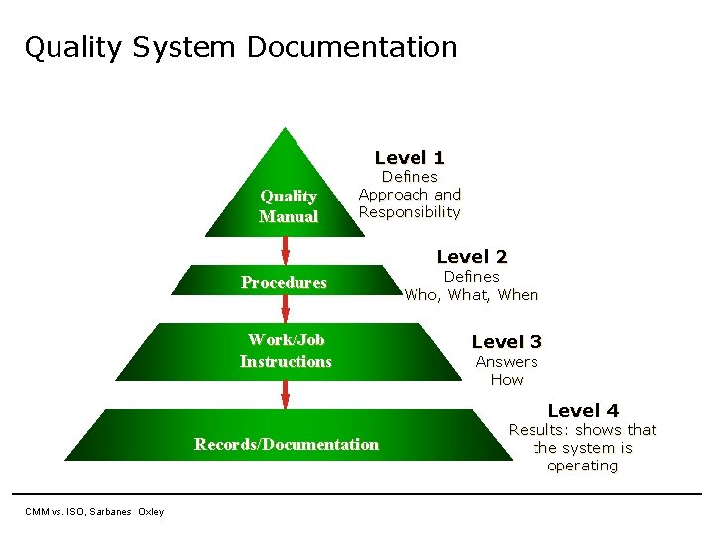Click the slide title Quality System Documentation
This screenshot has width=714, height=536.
coord(241,47)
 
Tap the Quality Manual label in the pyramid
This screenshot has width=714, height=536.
coord(289,206)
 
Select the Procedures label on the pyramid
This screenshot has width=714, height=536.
coord(284,283)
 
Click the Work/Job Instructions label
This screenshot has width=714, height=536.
coord(286,350)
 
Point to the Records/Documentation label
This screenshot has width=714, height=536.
coord(287,444)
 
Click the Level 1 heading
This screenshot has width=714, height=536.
coord(410,157)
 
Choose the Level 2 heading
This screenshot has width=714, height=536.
coord(472,257)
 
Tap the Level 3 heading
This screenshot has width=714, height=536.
coord(507,342)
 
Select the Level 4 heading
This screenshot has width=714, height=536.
coord(583,410)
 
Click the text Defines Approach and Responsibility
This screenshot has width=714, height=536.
coord(410,194)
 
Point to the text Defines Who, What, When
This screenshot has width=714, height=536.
coord(471,286)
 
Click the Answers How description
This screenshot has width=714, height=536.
coord(507,370)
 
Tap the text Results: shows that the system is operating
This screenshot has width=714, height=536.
coord(582,448)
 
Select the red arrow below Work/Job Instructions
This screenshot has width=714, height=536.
coord(285,389)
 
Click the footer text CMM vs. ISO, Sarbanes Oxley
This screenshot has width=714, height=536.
coord(94,511)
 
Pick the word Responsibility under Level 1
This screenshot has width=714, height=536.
coord(410,212)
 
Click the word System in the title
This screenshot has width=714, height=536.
coord(190,47)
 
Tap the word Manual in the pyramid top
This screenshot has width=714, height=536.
coord(289,216)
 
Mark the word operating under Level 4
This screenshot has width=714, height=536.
coord(582,466)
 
